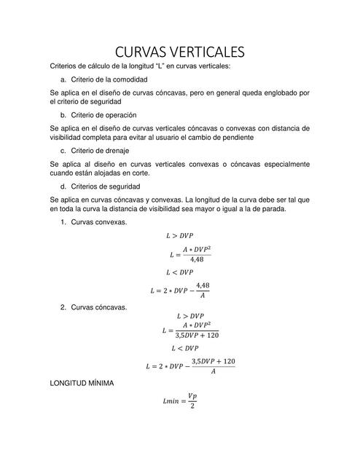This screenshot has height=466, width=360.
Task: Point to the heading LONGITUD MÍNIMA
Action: pos(82,382)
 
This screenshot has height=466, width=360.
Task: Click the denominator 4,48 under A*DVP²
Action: pos(196,259)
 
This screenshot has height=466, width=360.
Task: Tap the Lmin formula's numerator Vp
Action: pos(192,395)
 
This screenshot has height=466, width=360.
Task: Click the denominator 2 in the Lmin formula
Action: pos(192,406)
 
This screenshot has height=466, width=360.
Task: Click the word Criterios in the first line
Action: pos(65,66)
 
